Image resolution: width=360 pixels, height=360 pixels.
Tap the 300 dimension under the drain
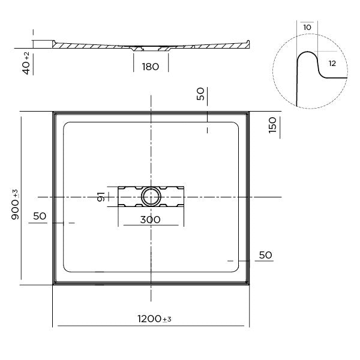150,220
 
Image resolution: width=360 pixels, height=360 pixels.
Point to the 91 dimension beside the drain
101,197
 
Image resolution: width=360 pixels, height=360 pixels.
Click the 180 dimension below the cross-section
151,67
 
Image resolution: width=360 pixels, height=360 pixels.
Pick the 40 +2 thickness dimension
26,62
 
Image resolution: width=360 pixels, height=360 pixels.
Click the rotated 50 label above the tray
201,94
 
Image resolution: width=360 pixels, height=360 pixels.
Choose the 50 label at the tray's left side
40,216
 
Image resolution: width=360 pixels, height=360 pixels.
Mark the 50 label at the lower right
265,255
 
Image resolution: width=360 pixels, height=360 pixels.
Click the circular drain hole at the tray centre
151,196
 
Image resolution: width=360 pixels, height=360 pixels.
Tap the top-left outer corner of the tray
54,112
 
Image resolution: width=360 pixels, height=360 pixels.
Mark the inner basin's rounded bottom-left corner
67,268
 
